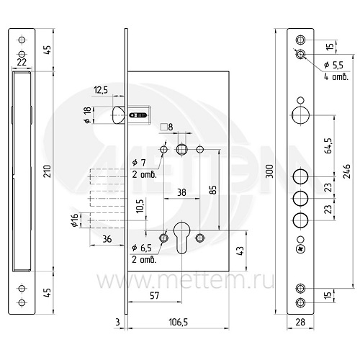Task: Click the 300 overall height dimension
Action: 271,171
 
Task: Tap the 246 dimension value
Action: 347,171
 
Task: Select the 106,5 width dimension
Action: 179,322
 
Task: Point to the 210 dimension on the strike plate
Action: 48,171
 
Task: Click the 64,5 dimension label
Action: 329,145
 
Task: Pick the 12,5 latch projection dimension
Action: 101,90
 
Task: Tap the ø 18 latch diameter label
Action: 88,115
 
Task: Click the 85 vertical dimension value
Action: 213,189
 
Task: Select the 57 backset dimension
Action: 154,295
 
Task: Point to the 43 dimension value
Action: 240,251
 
